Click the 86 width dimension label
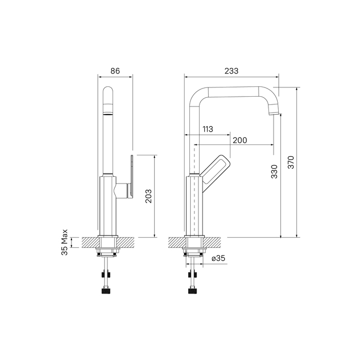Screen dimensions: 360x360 click(x=115, y=71)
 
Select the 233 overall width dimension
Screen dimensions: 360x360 click(x=231, y=71)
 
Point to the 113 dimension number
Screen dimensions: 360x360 click(x=208, y=129)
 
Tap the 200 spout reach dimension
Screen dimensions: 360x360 click(x=240, y=140)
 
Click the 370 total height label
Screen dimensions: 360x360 click(x=291, y=163)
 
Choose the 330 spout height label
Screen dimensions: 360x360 click(x=274, y=171)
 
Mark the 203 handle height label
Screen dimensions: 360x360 click(x=148, y=196)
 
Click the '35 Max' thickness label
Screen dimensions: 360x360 click(x=64, y=242)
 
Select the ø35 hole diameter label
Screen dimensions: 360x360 click(x=219, y=258)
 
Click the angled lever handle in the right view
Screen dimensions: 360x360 click(x=215, y=170)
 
